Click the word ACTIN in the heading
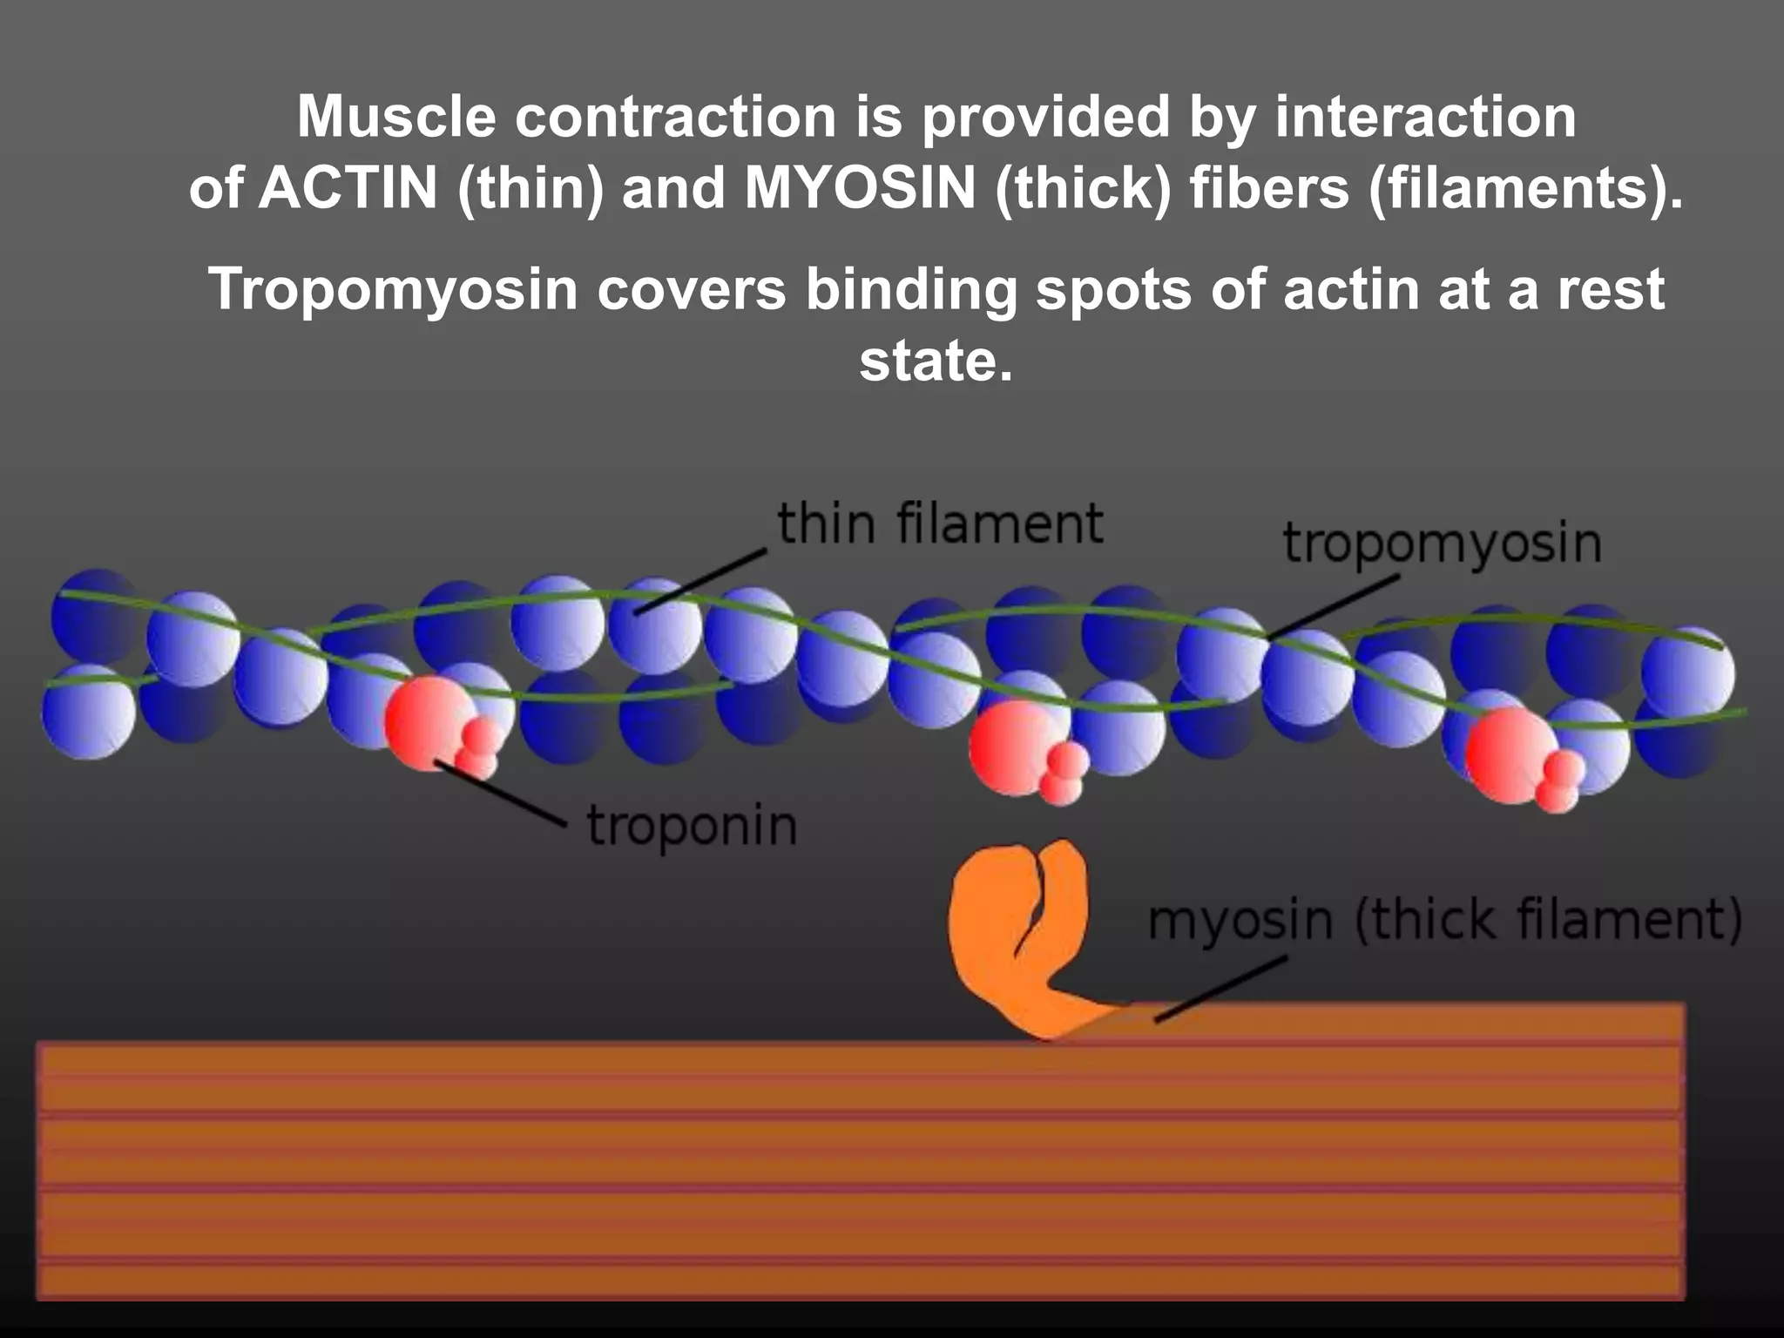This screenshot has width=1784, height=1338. coord(348,188)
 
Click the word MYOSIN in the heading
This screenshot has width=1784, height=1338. coord(859,188)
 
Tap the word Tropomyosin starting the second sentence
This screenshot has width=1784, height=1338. coord(393,289)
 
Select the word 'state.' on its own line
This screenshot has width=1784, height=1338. coord(936,361)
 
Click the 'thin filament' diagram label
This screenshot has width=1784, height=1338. coord(940,524)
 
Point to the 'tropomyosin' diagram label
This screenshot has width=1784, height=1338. coord(1442,543)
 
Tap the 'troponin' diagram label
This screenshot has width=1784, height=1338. coord(692,826)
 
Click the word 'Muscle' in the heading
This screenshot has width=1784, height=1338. coord(396,117)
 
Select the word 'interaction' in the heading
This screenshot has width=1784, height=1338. coord(1425,117)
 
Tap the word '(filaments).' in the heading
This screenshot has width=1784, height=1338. coord(1524,188)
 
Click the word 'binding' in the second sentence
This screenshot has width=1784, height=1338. coord(911,289)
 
